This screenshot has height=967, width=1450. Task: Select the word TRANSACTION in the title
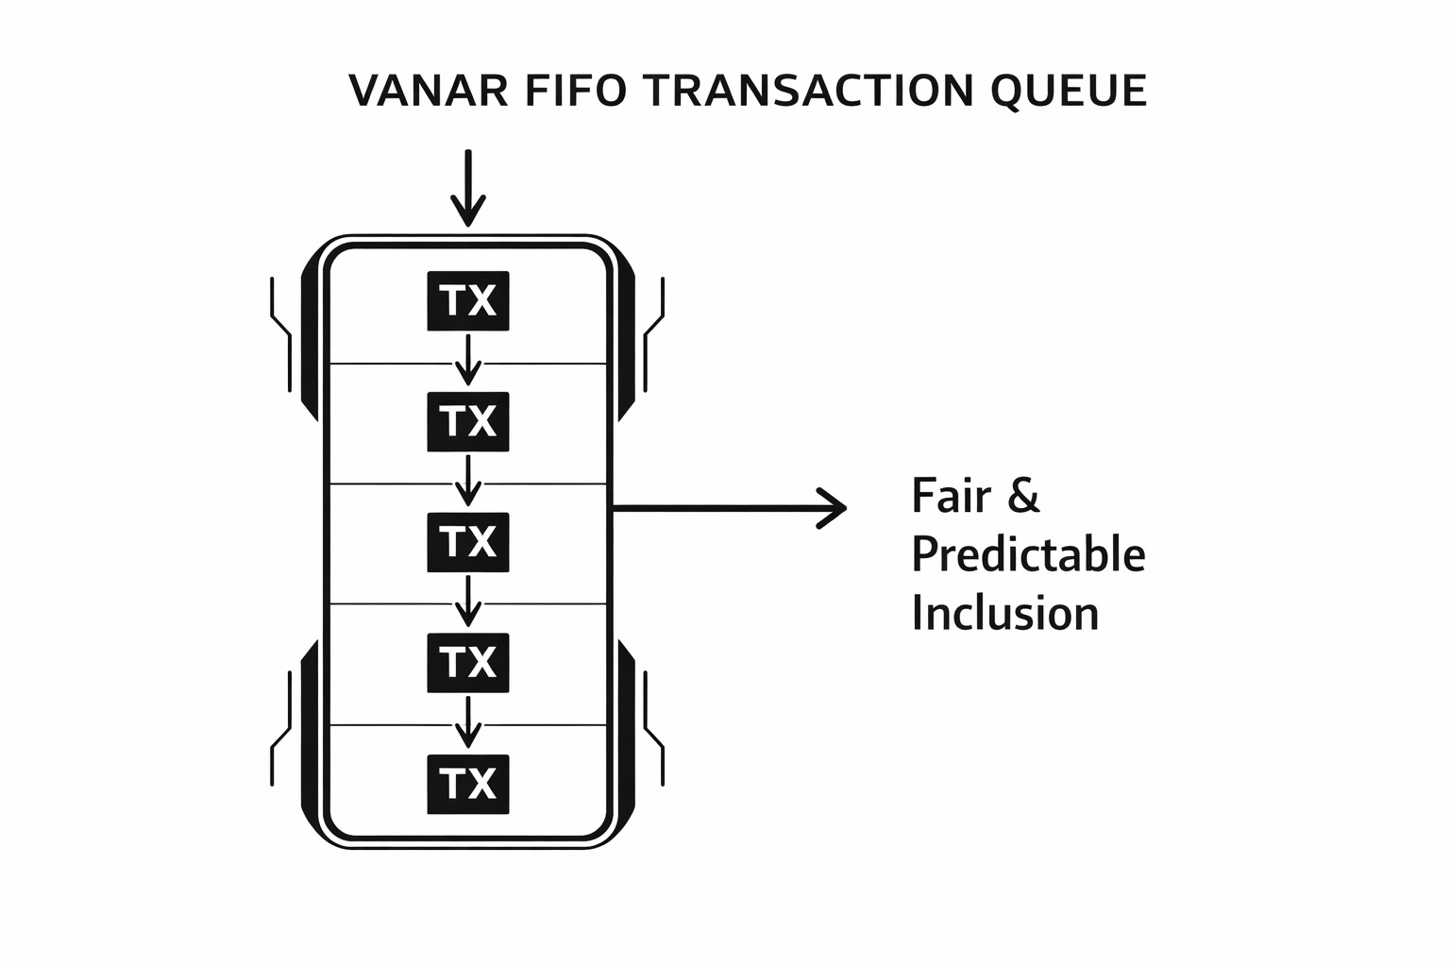[808, 91]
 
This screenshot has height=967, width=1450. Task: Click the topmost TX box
[468, 301]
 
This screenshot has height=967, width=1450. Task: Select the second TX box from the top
[468, 421]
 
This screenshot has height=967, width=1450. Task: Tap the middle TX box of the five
[468, 542]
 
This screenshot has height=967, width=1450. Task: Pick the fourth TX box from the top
[468, 662]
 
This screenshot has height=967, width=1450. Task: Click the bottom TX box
[468, 784]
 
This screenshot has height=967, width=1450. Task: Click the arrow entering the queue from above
[468, 188]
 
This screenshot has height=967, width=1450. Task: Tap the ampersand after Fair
[1022, 496]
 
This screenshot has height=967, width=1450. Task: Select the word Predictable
[1028, 555]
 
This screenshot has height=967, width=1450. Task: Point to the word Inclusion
[1005, 614]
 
